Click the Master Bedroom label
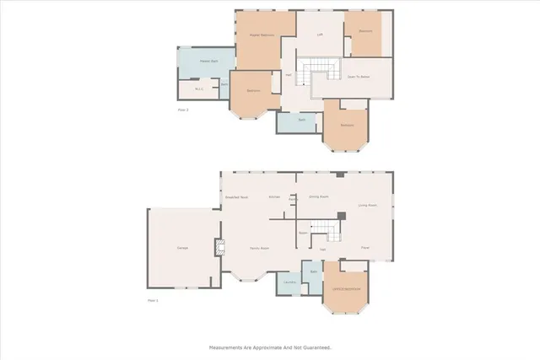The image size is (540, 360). [261, 35]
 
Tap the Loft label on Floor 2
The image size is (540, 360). [320, 35]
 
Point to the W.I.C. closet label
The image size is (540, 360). [199, 89]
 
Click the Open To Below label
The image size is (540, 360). [355, 75]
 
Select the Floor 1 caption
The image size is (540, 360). [153, 300]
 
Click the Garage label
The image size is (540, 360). [181, 248]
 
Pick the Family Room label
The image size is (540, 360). [258, 248]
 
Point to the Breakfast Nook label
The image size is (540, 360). [236, 196]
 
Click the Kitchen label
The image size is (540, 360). [274, 196]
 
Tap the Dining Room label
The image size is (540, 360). [318, 196]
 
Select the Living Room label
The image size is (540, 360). [367, 205]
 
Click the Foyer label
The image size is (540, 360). [365, 247]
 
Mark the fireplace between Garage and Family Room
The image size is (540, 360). [222, 248]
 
